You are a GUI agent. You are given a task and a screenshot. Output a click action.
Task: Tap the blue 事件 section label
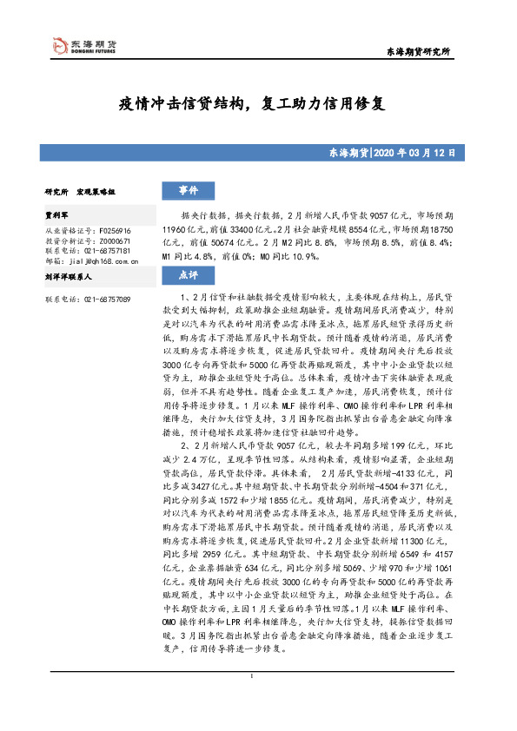pyautogui.click(x=189, y=190)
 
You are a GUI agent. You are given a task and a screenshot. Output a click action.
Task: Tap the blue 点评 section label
pyautogui.click(x=189, y=275)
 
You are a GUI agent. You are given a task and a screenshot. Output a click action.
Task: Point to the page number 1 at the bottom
pyautogui.click(x=250, y=701)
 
